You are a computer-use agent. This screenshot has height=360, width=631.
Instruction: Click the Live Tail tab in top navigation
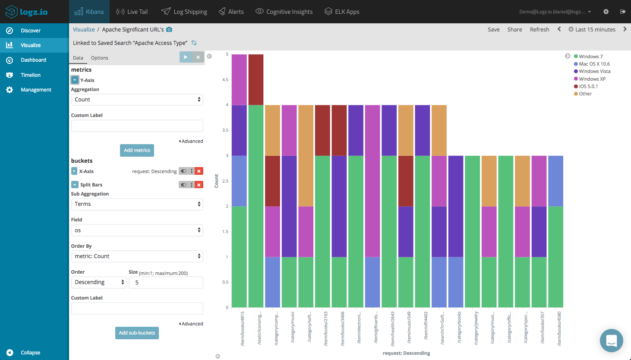tap(132, 12)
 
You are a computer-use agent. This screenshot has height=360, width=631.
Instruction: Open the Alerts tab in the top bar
tap(231, 12)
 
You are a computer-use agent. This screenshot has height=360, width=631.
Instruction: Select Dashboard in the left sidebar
tap(33, 60)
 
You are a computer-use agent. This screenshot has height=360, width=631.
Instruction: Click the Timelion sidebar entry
tap(30, 75)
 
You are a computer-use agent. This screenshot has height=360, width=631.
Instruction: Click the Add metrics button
tap(137, 150)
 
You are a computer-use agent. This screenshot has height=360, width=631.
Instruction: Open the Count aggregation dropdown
tap(137, 100)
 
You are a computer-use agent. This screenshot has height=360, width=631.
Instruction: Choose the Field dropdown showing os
tap(137, 231)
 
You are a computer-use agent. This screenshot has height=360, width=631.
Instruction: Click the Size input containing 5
tap(166, 283)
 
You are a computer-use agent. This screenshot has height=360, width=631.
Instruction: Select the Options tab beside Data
tap(99, 58)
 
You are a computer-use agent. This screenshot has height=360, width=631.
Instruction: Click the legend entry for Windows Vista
tap(594, 72)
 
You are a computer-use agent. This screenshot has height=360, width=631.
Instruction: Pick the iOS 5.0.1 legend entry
tap(588, 86)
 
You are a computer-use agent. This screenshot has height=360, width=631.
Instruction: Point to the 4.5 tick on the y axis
tap(225, 80)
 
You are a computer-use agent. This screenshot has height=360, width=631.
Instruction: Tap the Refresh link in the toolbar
tap(540, 30)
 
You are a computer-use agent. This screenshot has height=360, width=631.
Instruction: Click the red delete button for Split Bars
tap(199, 185)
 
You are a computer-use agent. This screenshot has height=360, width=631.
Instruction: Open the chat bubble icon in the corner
tap(611, 341)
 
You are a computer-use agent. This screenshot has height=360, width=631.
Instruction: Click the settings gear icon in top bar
tap(606, 12)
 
